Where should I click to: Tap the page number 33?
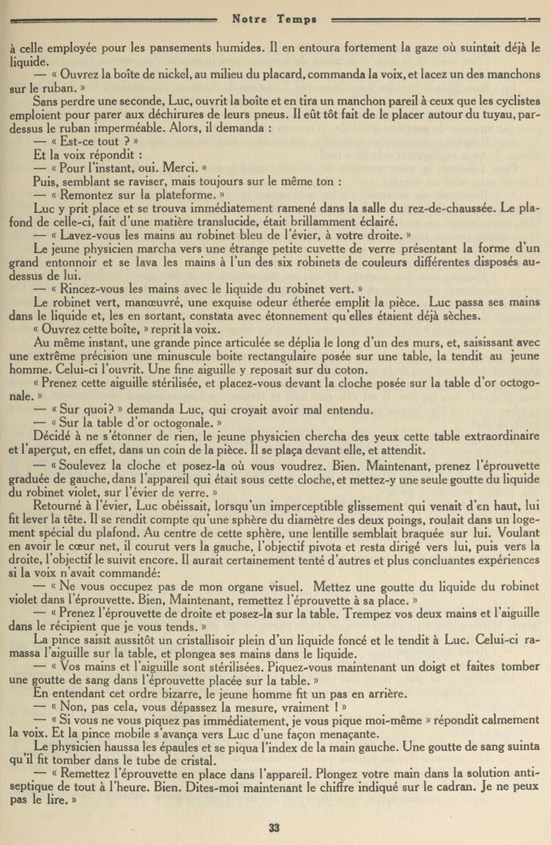(x=274, y=826)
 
